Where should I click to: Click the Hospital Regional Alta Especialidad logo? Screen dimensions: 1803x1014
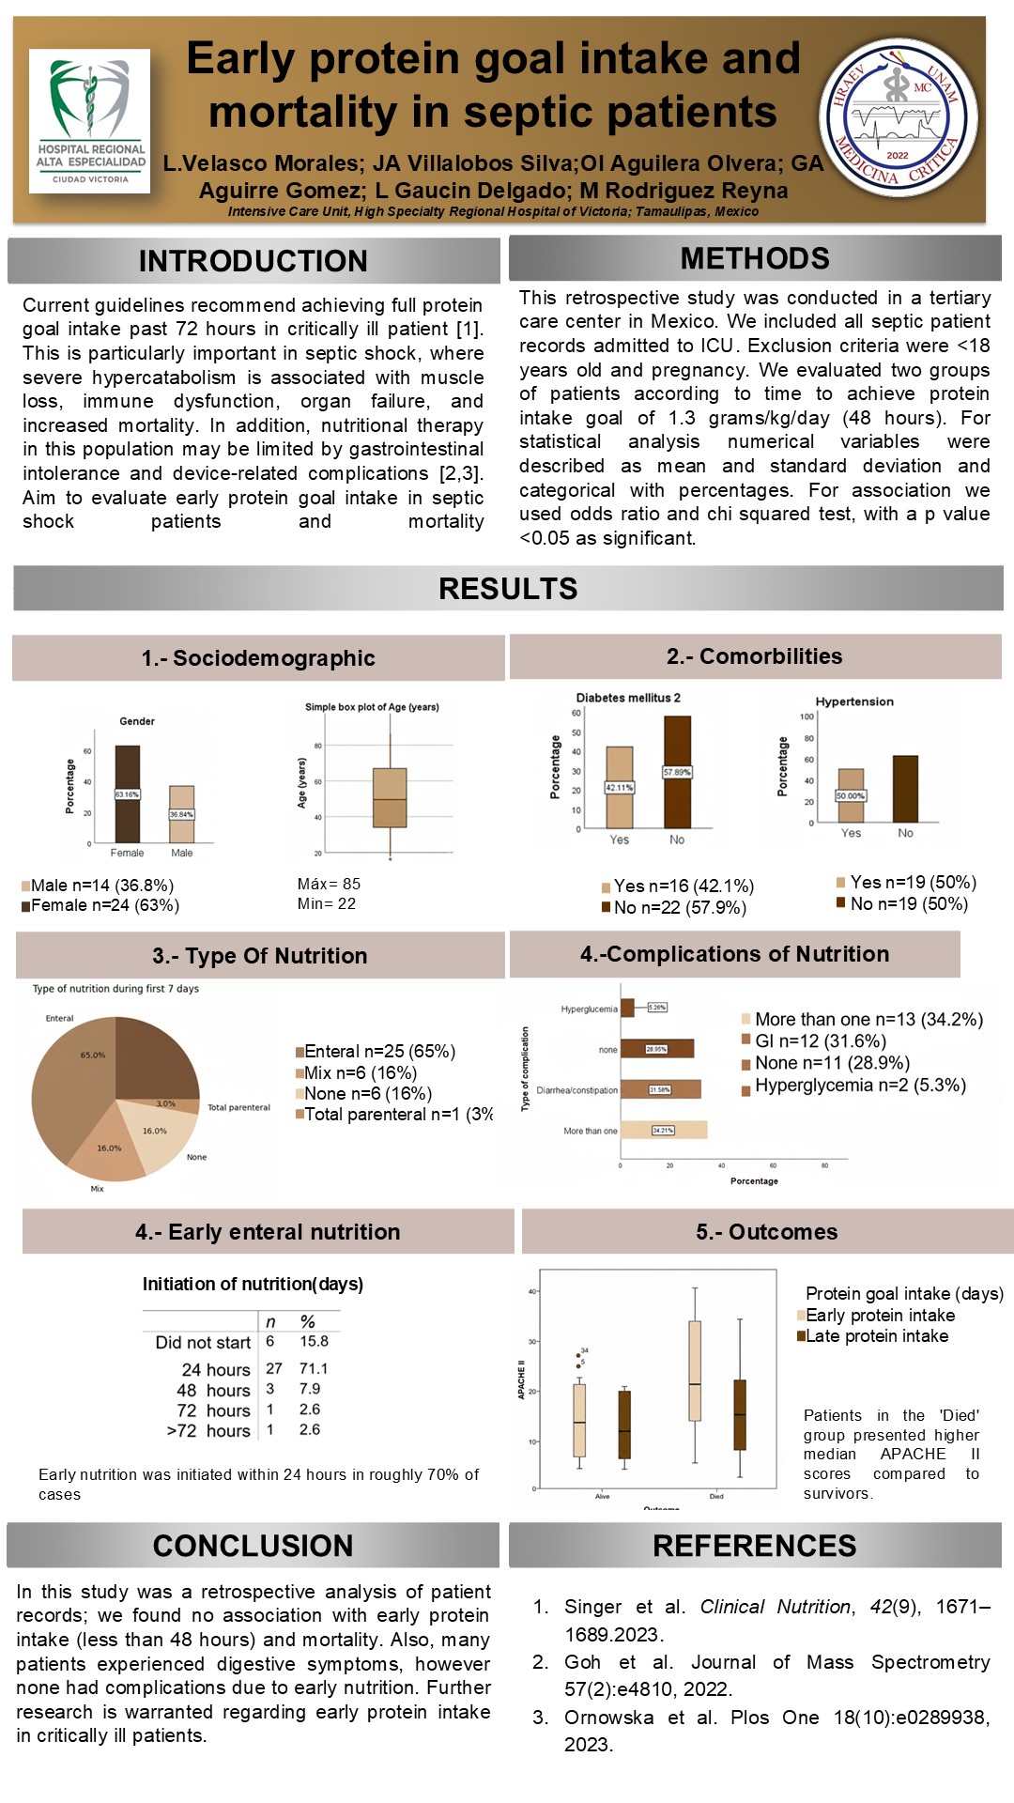pos(90,121)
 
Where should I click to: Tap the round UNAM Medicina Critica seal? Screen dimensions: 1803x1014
pos(899,116)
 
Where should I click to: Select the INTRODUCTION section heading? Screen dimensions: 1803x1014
pos(253,261)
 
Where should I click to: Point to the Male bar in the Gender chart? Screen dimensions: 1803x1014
pos(181,814)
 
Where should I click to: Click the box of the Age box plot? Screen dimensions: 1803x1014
pos(390,797)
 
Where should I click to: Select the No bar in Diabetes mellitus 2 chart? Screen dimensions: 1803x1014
pos(677,772)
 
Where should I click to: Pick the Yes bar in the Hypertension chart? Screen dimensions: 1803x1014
pos(851,795)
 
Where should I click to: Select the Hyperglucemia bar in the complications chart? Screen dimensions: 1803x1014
pos(627,1008)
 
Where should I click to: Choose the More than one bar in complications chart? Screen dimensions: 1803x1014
pos(663,1130)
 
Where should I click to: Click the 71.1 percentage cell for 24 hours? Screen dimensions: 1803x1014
pos(314,1368)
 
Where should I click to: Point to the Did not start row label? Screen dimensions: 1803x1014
pos(203,1343)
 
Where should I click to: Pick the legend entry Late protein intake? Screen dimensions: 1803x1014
pos(875,1336)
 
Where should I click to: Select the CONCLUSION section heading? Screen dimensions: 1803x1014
pos(253,1546)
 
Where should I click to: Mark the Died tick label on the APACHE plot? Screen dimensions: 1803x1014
pos(716,1496)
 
